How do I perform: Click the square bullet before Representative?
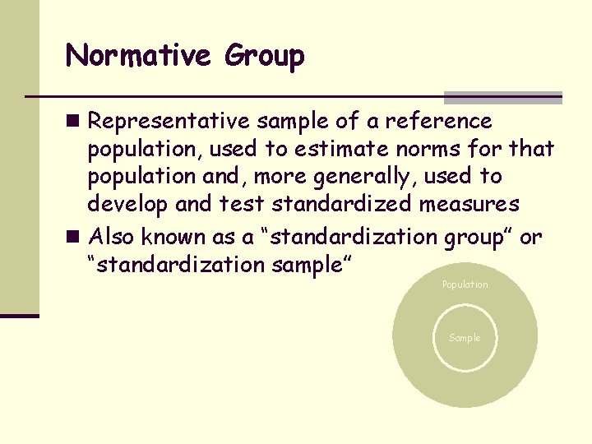coord(74,122)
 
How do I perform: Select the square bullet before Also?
coord(74,238)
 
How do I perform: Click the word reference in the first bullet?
coord(440,122)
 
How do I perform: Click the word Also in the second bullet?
coord(113,238)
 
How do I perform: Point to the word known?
coord(169,238)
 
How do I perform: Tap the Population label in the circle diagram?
coord(465,284)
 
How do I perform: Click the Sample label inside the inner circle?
coord(465,338)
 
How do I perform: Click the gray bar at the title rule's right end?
coord(502,97)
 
